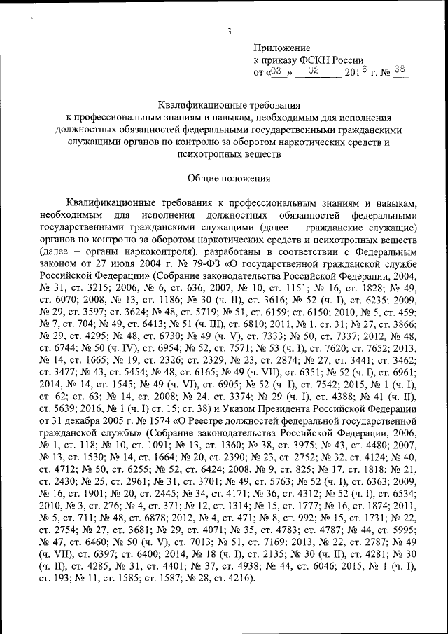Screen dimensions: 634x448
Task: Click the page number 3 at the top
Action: click(x=229, y=29)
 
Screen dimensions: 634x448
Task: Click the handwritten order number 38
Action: click(x=400, y=70)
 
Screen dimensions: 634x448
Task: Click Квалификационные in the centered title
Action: click(x=194, y=104)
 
